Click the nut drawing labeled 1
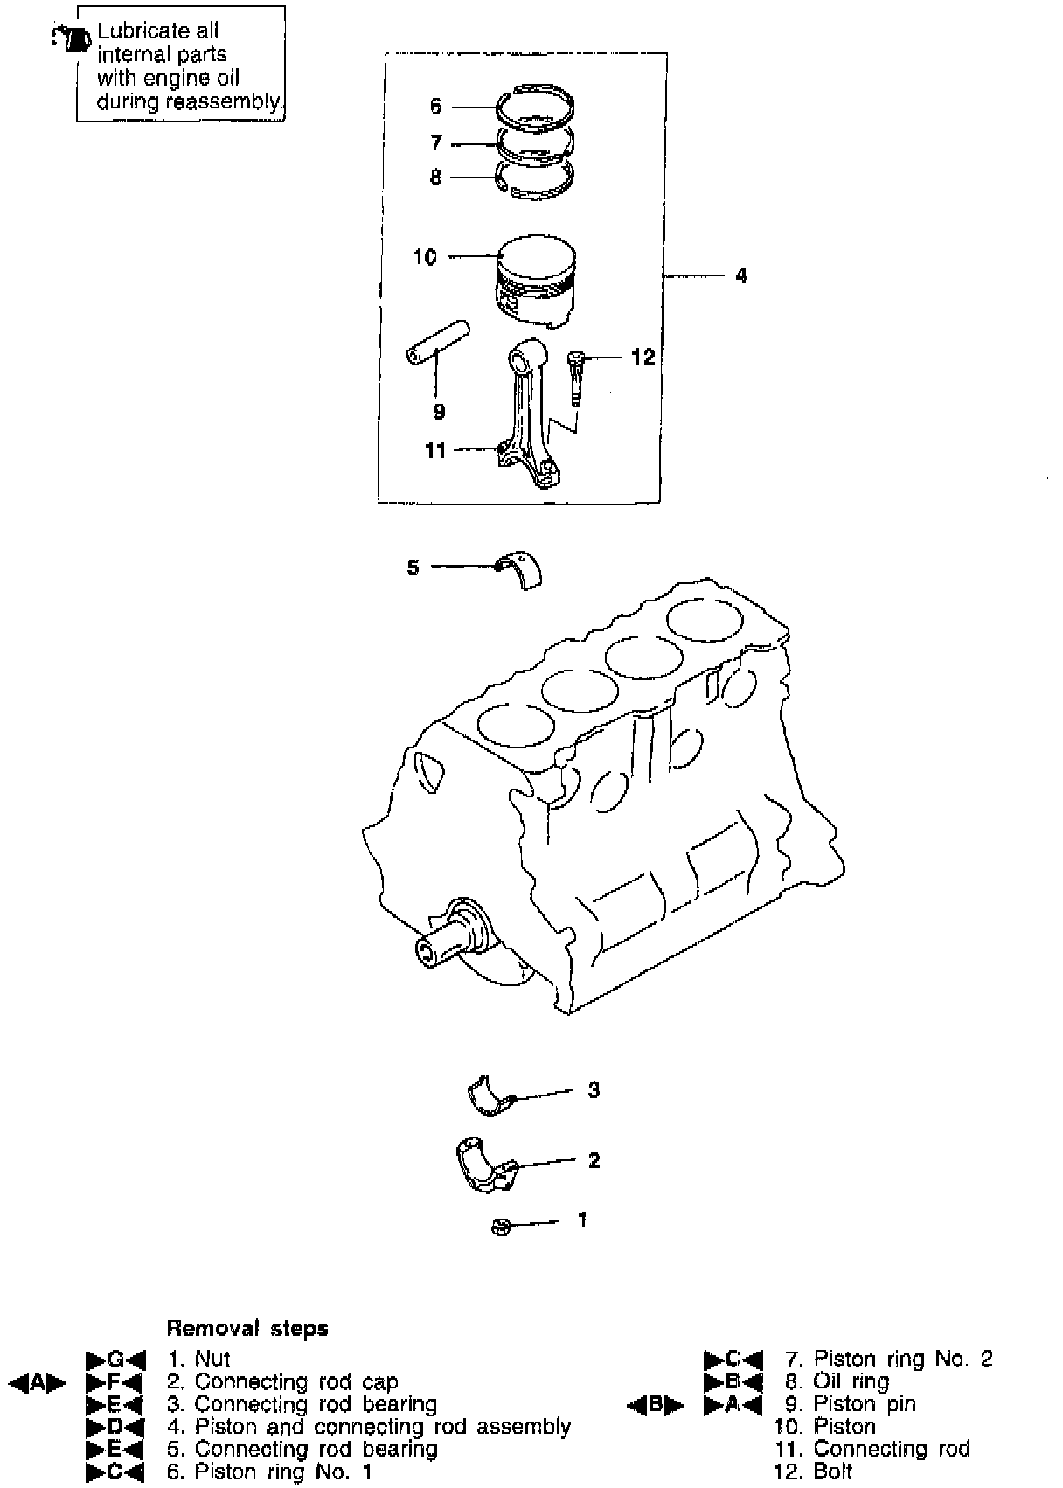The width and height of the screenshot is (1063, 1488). (500, 1227)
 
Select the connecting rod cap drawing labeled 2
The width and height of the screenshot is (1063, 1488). (483, 1165)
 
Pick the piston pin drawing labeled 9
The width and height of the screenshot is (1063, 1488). (437, 344)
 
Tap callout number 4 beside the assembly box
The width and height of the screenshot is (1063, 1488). (740, 276)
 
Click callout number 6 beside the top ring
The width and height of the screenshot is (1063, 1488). (435, 107)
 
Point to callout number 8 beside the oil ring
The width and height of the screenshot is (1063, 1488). (435, 177)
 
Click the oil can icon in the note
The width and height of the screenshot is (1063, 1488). (73, 39)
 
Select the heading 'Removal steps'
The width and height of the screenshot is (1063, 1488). (247, 1328)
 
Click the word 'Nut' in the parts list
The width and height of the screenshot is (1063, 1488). (212, 1359)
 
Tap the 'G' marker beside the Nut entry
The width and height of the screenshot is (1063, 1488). (115, 1359)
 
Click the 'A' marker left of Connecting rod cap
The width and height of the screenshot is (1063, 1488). (36, 1383)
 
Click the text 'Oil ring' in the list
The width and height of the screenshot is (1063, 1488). (851, 1382)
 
